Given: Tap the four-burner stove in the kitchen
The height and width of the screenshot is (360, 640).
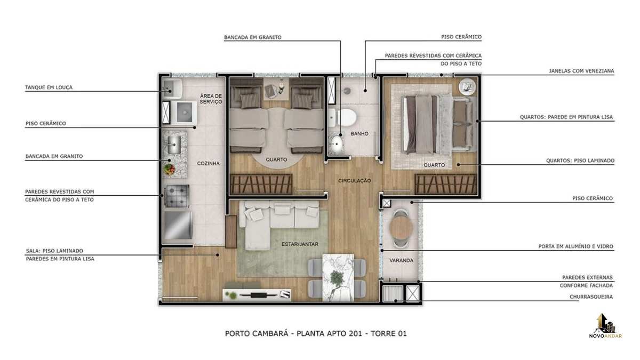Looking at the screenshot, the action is pos(177,196).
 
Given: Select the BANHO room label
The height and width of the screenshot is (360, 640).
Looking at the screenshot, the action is pos(359,134).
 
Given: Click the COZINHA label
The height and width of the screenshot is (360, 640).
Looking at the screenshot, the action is pos(209,163).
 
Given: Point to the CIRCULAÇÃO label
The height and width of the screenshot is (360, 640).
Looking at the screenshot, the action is pos(355,181).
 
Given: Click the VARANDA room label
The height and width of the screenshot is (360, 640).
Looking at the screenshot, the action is pos(401,261).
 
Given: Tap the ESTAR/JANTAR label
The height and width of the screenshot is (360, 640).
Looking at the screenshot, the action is pos(300,244).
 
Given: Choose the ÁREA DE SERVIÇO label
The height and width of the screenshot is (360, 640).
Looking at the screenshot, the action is pos(211,99).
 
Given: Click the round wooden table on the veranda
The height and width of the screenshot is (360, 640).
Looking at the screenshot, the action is pos(401,228).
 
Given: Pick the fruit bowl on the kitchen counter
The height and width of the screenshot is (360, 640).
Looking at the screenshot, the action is pos(170,169).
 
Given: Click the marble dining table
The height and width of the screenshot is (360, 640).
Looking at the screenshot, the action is pos(338,277).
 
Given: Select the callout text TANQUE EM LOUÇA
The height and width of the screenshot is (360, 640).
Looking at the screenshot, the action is pos(49,87).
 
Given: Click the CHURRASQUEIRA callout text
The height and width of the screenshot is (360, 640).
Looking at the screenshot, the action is pos(591,297).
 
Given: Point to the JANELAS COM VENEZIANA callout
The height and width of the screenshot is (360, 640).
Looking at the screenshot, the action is pos(581,71).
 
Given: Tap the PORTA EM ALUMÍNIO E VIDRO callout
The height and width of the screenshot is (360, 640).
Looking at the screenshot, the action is pos(575,246).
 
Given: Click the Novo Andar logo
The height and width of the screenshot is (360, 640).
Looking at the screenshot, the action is pos(605,326).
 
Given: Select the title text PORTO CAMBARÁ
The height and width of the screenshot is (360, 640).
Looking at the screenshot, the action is pos(257,333).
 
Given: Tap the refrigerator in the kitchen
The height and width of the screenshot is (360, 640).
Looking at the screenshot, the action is pos(178,225).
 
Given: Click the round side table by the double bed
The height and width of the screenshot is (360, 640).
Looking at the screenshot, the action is pos(467,86).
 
